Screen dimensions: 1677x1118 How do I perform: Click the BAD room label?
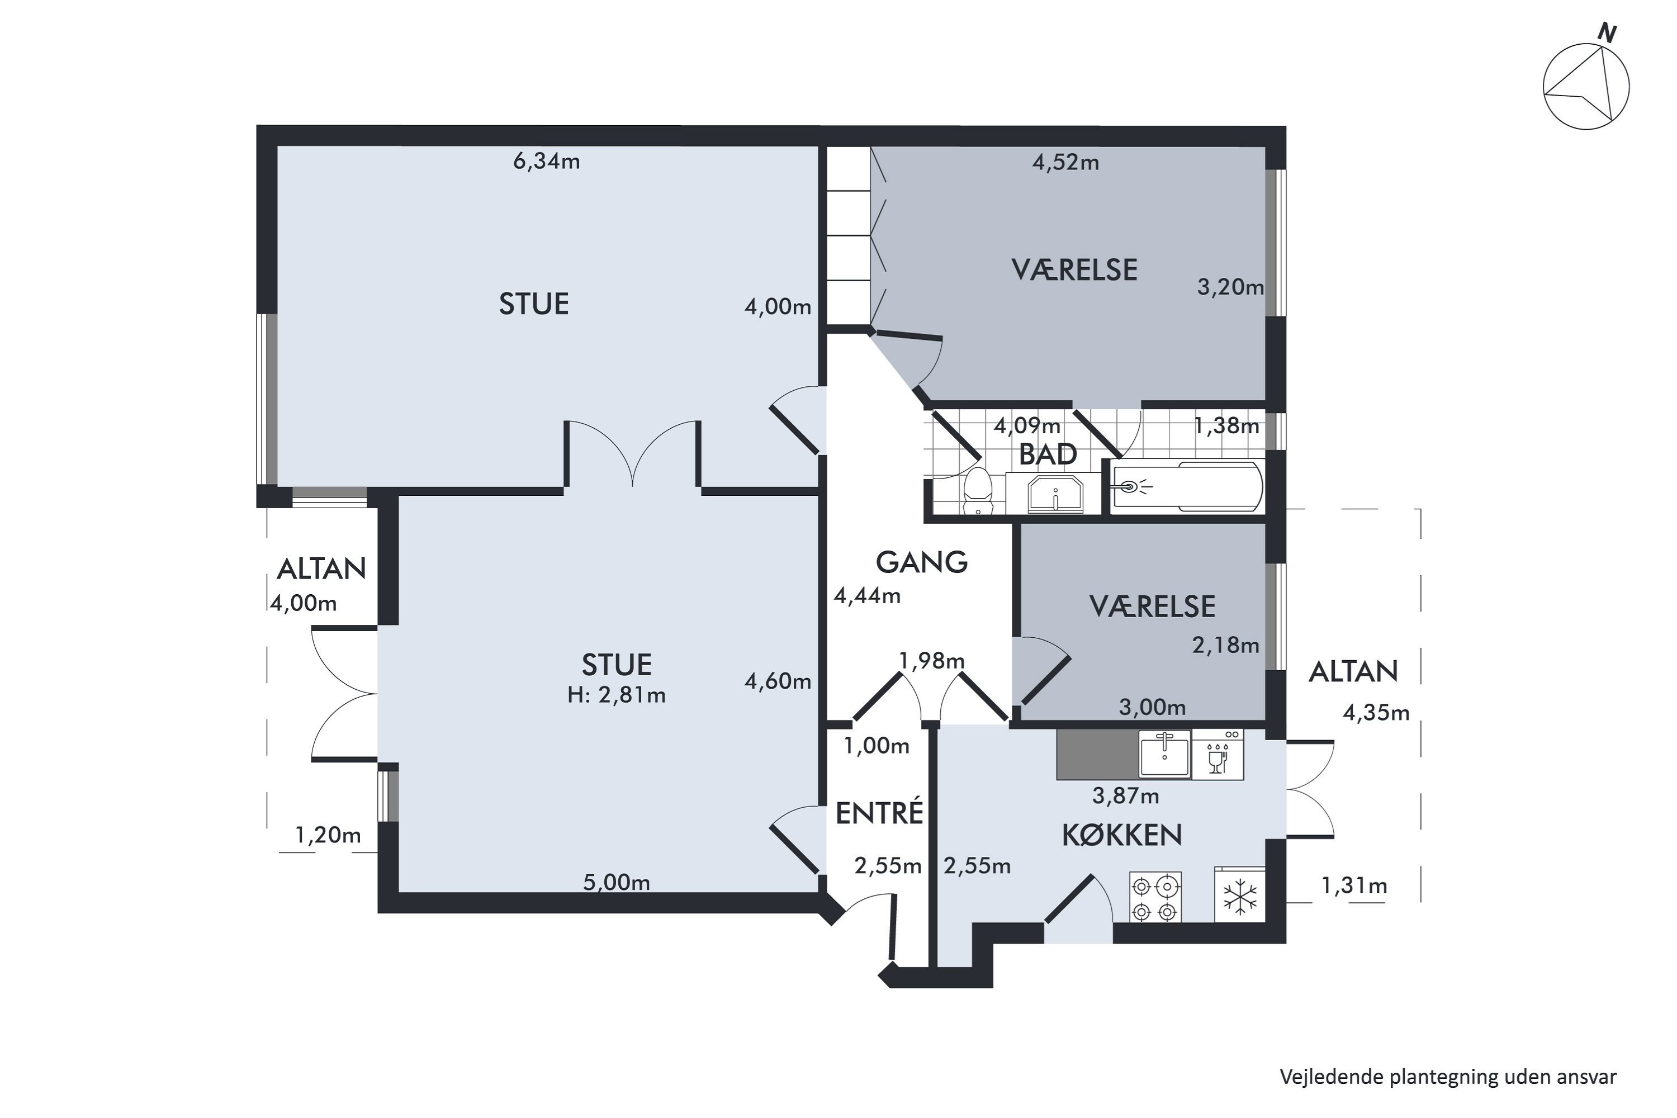click(x=1048, y=454)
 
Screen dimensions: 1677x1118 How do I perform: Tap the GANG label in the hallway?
click(x=921, y=562)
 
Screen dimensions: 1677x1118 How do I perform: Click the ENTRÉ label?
click(x=879, y=813)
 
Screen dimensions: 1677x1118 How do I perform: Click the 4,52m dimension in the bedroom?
click(x=1065, y=163)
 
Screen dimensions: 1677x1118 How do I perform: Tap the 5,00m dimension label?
click(x=616, y=883)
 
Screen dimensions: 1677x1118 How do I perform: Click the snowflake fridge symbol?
click(x=1240, y=896)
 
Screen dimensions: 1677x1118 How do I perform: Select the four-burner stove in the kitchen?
click(x=1155, y=897)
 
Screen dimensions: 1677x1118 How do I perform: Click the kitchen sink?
click(x=1164, y=754)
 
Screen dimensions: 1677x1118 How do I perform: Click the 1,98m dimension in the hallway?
click(x=931, y=661)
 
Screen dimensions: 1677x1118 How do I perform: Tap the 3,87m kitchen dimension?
click(x=1125, y=795)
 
